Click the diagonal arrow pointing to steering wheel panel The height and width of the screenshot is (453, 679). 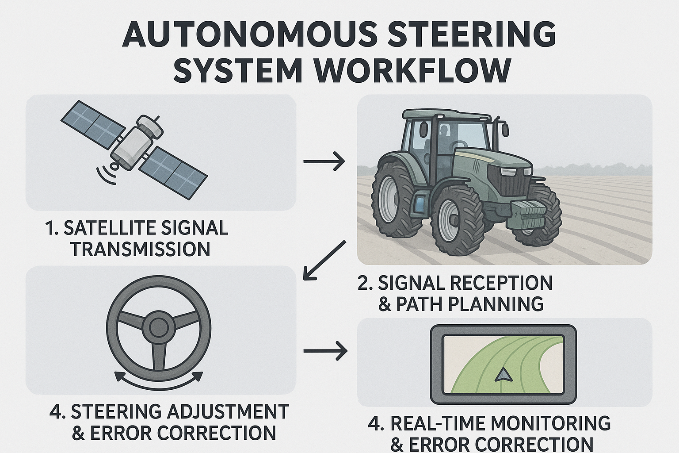[324, 260]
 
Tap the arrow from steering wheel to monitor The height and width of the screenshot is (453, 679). [325, 351]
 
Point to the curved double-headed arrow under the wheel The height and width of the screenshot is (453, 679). [159, 381]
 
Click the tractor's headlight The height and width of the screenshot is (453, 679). [516, 172]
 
